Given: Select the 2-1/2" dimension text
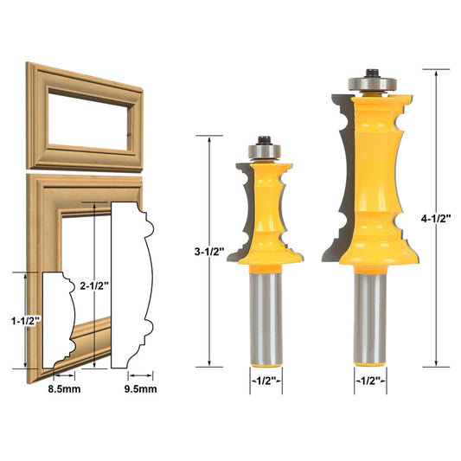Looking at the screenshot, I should point(92,285).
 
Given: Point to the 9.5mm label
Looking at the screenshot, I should point(140,388).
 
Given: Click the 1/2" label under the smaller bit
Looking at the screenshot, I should point(266,380).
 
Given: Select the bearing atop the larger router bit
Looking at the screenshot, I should point(369,83).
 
